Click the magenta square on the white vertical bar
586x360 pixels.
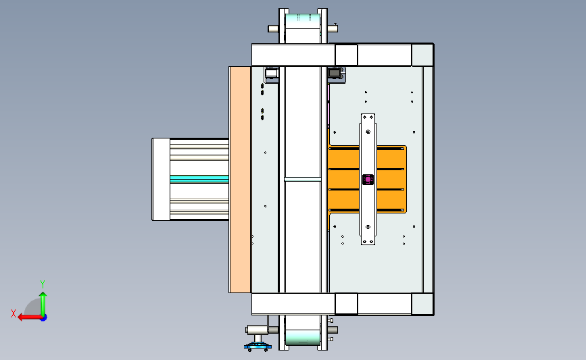tap(368, 180)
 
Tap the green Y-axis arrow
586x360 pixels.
tap(43, 304)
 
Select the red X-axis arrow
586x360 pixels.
tap(30, 317)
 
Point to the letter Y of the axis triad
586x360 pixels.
tap(43, 284)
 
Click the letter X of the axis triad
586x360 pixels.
tap(14, 313)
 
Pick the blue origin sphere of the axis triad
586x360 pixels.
tap(44, 318)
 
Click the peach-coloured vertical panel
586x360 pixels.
tap(240, 180)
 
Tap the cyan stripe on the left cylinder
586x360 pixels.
tap(199, 179)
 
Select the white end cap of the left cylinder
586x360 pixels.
tap(161, 179)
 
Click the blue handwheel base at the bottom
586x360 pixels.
tap(258, 347)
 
